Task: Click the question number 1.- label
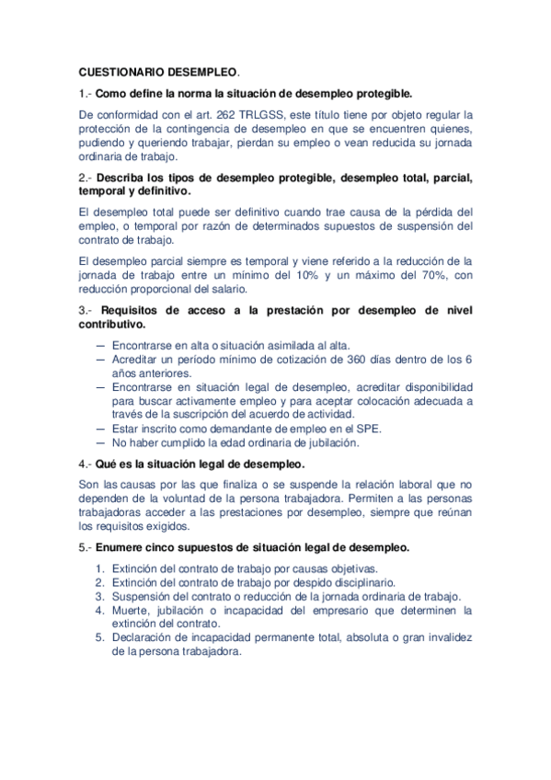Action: [85, 93]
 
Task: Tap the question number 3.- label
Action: [85, 310]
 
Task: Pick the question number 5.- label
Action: [85, 547]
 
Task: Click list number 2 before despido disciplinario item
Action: [100, 582]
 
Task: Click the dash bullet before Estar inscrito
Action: [100, 428]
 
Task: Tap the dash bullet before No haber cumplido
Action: [100, 442]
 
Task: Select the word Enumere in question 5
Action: [123, 547]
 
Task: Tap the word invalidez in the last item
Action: [445, 637]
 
